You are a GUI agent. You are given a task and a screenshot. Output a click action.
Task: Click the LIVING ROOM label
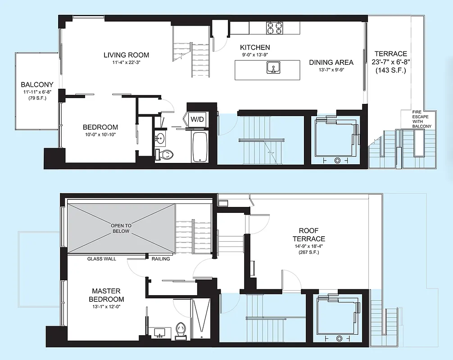click(126, 55)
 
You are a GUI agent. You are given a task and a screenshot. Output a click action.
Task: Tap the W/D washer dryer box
click(197, 119)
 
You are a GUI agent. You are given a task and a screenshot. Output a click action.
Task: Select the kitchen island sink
click(273, 68)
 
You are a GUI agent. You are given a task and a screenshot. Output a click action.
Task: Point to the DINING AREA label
click(331, 63)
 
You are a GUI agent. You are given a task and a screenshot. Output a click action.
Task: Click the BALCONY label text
click(37, 84)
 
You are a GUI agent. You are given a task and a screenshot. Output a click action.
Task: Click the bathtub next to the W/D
click(199, 146)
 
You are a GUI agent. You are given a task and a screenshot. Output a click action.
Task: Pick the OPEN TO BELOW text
click(120, 228)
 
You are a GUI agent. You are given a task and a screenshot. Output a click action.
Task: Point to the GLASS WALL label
click(101, 259)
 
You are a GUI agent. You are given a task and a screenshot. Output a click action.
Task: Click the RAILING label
click(160, 259)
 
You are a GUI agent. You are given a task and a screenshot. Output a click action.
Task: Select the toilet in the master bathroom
click(181, 329)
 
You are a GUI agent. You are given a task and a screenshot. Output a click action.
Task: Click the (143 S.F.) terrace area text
click(390, 71)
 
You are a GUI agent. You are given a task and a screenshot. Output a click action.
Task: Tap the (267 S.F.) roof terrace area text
click(308, 252)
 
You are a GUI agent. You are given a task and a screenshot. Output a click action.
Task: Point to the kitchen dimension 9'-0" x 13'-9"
click(255, 55)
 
